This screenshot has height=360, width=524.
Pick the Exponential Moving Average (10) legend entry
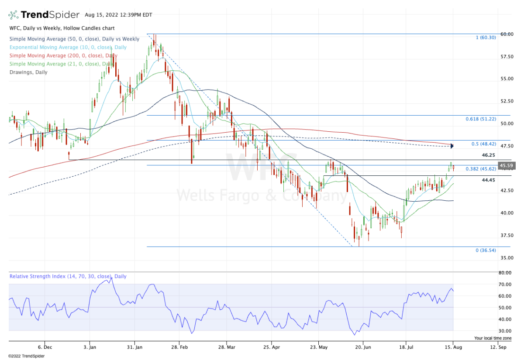coord(68,47)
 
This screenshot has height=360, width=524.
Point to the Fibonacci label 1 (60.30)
coord(486,38)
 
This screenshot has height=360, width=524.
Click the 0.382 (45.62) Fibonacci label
coord(480,169)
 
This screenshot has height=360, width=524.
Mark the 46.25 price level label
coord(488,155)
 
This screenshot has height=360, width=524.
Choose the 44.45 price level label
coord(488,180)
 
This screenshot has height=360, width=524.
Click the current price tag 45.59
coord(507,165)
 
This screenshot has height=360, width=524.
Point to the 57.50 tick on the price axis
coord(507,57)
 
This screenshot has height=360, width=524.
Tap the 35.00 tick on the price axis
coord(507,258)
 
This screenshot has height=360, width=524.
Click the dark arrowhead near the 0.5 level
coord(452,146)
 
